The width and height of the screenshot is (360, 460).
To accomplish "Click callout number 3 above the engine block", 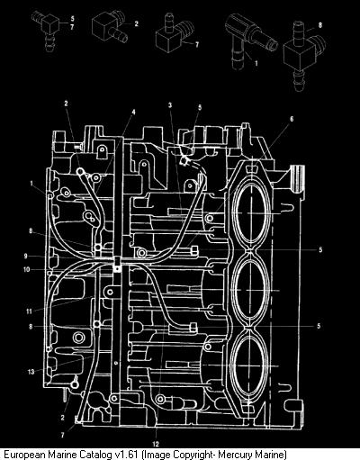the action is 170,105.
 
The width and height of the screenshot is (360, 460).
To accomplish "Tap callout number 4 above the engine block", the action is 133,112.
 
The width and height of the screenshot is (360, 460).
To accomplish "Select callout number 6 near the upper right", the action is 292,119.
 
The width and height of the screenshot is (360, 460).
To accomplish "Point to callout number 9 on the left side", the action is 26,256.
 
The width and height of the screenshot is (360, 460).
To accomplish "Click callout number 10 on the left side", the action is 27,269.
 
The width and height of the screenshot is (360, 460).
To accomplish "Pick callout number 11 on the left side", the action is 29,311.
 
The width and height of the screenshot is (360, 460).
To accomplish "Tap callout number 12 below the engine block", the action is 156,444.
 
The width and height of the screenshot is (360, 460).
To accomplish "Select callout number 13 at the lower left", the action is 31,372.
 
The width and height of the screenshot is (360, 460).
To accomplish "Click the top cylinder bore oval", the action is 249,212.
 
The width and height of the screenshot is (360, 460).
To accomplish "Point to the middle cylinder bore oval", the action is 249,290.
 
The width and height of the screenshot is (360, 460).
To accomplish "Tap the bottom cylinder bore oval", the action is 249,365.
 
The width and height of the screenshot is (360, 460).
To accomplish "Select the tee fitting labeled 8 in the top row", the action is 303,56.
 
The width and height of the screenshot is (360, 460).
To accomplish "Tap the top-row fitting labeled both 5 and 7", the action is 46,31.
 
